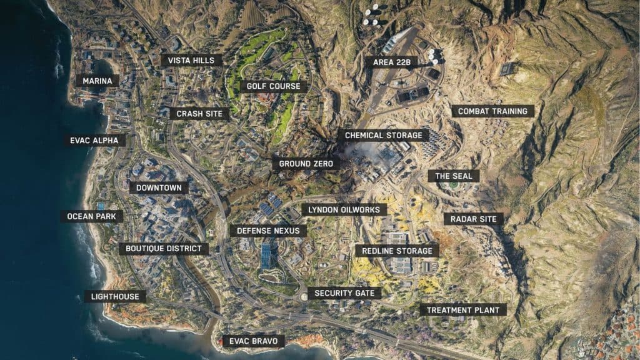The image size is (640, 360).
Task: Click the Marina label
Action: [x=97, y=81]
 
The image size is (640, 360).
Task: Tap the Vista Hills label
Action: [x=191, y=61]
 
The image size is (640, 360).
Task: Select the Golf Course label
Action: [x=273, y=86]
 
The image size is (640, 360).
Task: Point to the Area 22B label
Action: [x=391, y=62]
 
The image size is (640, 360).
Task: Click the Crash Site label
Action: [x=199, y=114]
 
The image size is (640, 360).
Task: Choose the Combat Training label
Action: [x=492, y=111]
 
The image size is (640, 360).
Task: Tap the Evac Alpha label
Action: [x=94, y=141]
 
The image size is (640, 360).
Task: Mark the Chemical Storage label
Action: [x=383, y=135]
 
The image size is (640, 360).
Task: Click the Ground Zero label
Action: [x=305, y=164]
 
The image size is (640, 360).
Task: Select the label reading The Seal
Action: [x=454, y=176]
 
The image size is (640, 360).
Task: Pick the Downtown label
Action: [x=159, y=187]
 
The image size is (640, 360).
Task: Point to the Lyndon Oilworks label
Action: [x=344, y=210]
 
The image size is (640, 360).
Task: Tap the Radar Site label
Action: [x=473, y=219]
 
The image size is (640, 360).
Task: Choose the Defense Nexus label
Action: [x=268, y=231]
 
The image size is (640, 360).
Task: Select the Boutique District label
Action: [x=163, y=249]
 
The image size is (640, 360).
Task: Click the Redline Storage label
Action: [x=397, y=251]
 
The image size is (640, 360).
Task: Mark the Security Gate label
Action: [x=344, y=293]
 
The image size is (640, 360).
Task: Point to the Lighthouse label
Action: [x=115, y=296]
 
